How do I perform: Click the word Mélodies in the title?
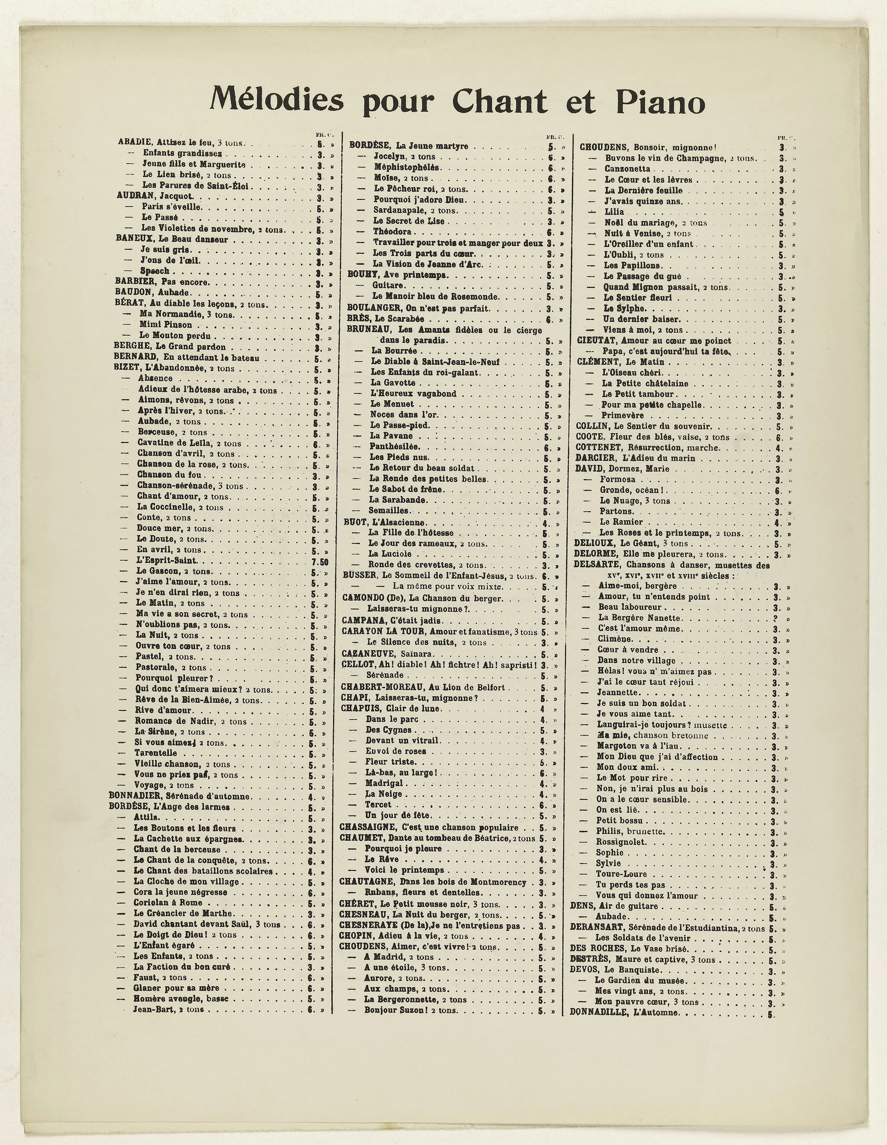pos(276,99)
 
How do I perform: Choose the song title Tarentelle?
pos(156,753)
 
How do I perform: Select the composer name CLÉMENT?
pos(596,362)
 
